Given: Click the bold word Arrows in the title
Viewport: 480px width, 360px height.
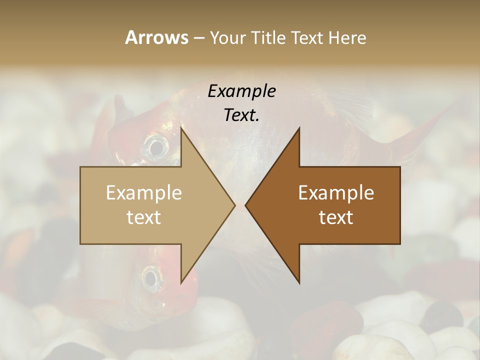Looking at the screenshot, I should [156, 37].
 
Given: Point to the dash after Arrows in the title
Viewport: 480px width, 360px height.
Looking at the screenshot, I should [198, 38].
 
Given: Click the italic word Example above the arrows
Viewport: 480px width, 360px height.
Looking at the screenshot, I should [241, 91].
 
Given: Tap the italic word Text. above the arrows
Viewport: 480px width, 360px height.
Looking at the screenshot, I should [241, 115].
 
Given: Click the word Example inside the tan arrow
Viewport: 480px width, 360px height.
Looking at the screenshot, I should [144, 193].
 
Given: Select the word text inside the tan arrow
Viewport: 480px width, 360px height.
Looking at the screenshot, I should [144, 217].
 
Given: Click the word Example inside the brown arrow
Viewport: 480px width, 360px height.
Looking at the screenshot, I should [336, 193].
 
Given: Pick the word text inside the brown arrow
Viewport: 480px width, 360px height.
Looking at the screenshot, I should [336, 217].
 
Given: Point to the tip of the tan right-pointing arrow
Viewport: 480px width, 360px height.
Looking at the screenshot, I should [235, 205].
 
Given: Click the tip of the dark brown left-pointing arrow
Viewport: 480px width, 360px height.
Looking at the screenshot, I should [245, 205].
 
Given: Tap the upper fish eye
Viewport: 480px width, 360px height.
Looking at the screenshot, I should [156, 147].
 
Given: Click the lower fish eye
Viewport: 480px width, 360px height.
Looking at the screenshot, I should [150, 276].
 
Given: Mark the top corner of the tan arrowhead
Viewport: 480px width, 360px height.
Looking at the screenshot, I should [181, 128].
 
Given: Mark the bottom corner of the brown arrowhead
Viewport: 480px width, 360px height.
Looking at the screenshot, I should [299, 282].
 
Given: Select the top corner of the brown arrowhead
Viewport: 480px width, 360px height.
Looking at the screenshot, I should [299, 128].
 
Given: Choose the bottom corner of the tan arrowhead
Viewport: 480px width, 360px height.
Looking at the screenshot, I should [181, 282].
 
